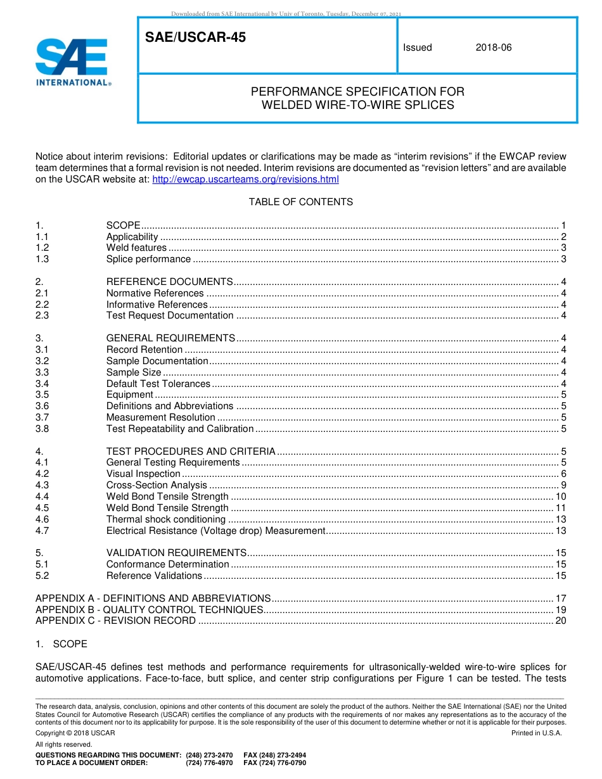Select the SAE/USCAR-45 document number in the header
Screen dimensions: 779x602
coord(195,38)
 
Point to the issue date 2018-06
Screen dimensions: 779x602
coord(493,47)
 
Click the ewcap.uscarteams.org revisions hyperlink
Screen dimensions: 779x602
coord(246,179)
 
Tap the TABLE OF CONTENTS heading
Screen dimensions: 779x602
coord(300,202)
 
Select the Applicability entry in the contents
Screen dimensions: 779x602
coord(132,236)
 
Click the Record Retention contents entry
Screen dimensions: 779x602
coord(144,350)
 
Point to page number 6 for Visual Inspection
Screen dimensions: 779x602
coord(563,474)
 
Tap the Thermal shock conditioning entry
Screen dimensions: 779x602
coord(165,519)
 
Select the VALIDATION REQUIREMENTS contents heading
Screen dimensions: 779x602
coord(176,553)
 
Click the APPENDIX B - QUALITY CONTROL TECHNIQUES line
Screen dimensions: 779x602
coord(149,609)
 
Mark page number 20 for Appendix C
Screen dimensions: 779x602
coord(560,621)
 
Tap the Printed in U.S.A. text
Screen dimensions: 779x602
coord(536,733)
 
